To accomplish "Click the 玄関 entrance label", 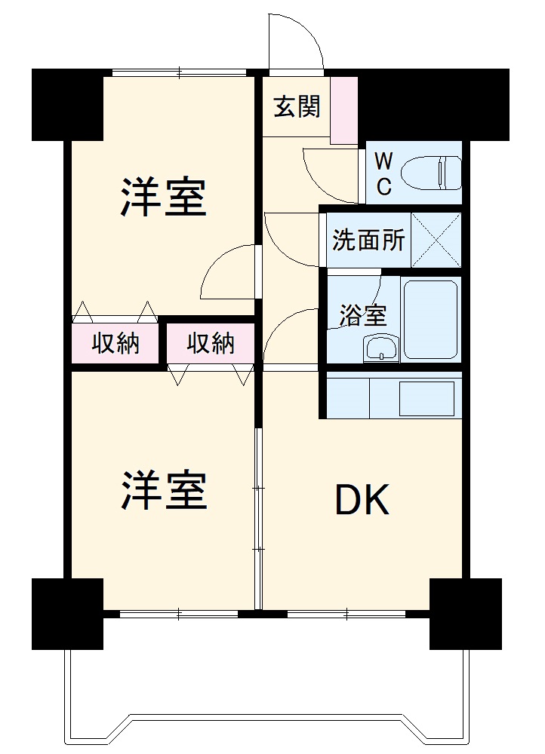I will tap(297, 107).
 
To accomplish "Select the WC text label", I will tap(383, 174).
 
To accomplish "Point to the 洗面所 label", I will tap(368, 241).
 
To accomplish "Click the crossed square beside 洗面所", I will tap(436, 241).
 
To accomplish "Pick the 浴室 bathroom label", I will tap(363, 314).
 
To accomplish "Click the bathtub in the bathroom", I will tap(430, 319).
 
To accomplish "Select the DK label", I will tap(362, 500).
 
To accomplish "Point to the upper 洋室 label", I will tap(163, 198).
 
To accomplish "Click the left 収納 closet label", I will tap(115, 344).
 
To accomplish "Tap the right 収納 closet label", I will tap(211, 344).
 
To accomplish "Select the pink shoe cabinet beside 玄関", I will tap(344, 110).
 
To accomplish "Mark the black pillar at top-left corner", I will tap(66, 103).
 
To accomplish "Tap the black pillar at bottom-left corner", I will tap(66, 613).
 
